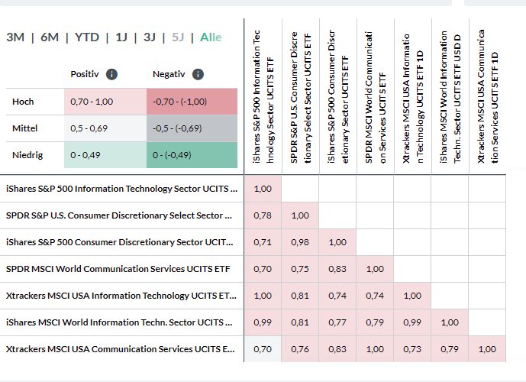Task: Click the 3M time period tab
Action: tap(15, 37)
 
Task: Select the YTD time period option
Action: tap(86, 37)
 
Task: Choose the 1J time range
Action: tap(121, 37)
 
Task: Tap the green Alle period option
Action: tap(211, 37)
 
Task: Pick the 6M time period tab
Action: tap(50, 37)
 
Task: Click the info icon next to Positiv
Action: tap(111, 74)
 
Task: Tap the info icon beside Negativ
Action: tap(198, 74)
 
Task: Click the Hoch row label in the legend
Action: tap(24, 102)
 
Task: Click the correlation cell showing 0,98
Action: tap(300, 242)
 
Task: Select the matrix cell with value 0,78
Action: tap(263, 215)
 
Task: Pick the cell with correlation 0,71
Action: tap(263, 242)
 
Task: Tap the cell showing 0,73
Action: tap(412, 349)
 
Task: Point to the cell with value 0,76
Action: tap(300, 349)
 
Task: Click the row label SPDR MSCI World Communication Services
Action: tap(118, 269)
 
